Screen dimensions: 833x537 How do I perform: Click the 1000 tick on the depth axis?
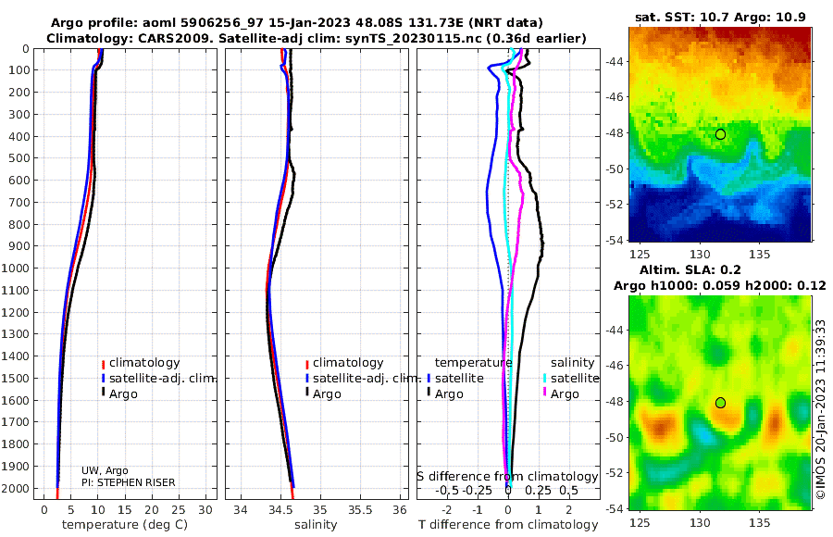click(x=15, y=268)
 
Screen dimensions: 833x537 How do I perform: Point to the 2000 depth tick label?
click(x=15, y=488)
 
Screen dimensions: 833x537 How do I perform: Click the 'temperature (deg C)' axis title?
click(x=125, y=525)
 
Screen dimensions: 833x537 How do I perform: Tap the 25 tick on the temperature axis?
click(x=179, y=510)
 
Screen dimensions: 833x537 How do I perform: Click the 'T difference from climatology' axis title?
click(x=508, y=525)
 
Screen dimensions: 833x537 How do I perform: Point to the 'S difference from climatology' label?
click(x=507, y=477)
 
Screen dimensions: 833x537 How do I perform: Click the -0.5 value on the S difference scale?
click(x=447, y=490)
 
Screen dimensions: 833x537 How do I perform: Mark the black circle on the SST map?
click(x=720, y=134)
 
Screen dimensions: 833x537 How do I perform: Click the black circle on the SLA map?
click(x=720, y=403)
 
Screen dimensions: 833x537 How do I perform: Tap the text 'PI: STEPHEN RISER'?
click(x=128, y=482)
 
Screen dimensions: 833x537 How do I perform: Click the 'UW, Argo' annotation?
click(x=105, y=470)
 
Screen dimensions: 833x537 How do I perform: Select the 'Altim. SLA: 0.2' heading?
click(x=690, y=270)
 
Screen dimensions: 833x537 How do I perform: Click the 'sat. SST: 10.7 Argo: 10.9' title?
click(x=720, y=17)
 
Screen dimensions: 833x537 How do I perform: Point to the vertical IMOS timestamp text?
click(x=821, y=409)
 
